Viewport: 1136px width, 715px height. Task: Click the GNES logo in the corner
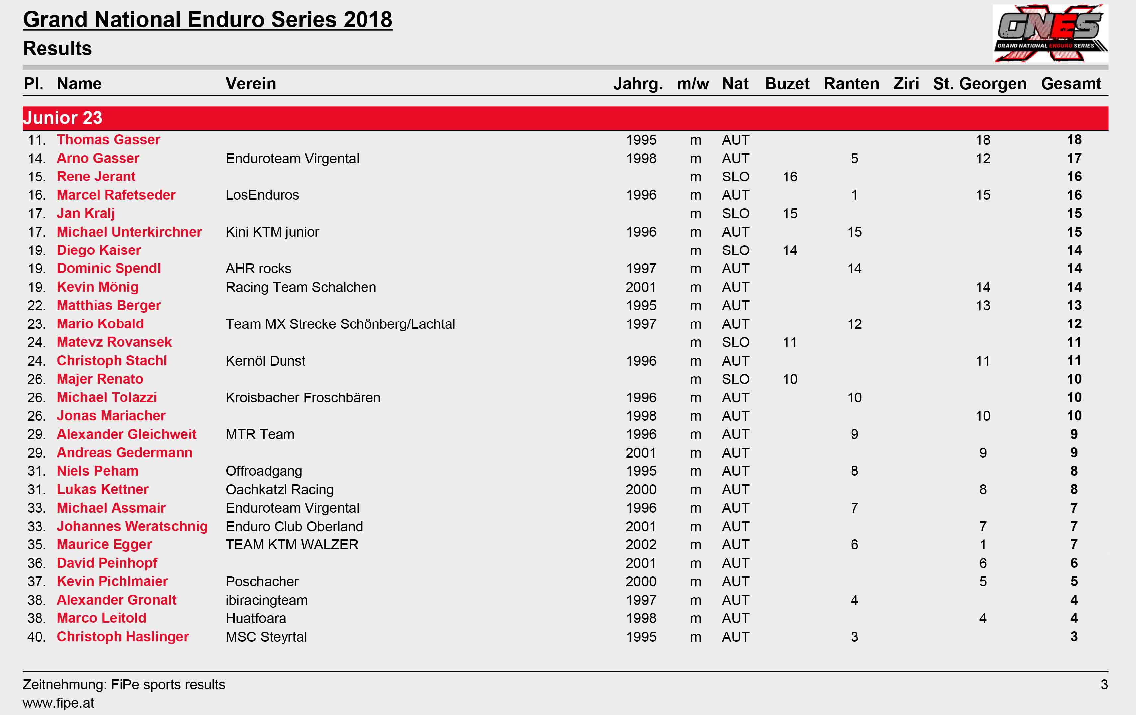coord(1050,33)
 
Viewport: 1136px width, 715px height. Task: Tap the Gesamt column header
coord(1071,84)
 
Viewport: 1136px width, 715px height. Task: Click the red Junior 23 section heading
coord(62,118)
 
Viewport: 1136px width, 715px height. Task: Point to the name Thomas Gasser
coord(109,140)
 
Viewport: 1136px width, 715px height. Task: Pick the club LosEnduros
coord(262,195)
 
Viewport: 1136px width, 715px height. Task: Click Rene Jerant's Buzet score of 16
coord(790,177)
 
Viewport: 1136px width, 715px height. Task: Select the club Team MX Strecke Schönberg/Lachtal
coord(340,324)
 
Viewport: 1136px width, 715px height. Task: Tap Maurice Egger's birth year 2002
coord(641,545)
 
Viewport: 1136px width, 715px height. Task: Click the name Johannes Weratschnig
coord(132,526)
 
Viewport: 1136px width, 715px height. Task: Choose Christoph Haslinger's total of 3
coord(1074,637)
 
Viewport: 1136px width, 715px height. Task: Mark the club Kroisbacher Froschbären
coord(303,397)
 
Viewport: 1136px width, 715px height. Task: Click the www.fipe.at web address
coord(58,703)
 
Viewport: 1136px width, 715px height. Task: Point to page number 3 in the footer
coord(1104,684)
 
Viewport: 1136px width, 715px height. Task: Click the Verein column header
coord(251,84)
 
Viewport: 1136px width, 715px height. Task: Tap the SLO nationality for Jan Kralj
coord(735,214)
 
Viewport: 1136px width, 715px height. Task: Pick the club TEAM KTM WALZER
coord(292,545)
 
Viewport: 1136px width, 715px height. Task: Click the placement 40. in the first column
coord(36,637)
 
